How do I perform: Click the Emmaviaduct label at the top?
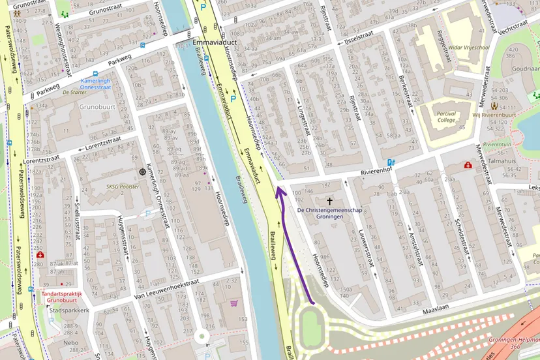point(215,42)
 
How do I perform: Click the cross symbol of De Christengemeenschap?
point(330,202)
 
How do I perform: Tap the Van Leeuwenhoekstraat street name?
point(165,291)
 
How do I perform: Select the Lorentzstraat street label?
point(41,158)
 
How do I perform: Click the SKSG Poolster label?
point(124,185)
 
